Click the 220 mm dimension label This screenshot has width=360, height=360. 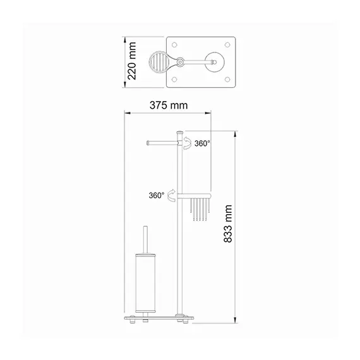pyautogui.click(x=132, y=61)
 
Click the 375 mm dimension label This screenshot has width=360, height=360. pyautogui.click(x=169, y=105)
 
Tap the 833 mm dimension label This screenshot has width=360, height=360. pyautogui.click(x=228, y=224)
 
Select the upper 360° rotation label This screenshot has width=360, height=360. pyautogui.click(x=202, y=143)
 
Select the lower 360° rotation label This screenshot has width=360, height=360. pyautogui.click(x=157, y=196)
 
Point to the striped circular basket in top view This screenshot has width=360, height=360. pyautogui.click(x=158, y=61)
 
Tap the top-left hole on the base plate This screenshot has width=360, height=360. pyautogui.click(x=174, y=45)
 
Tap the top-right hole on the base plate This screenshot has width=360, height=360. pyautogui.click(x=227, y=45)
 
